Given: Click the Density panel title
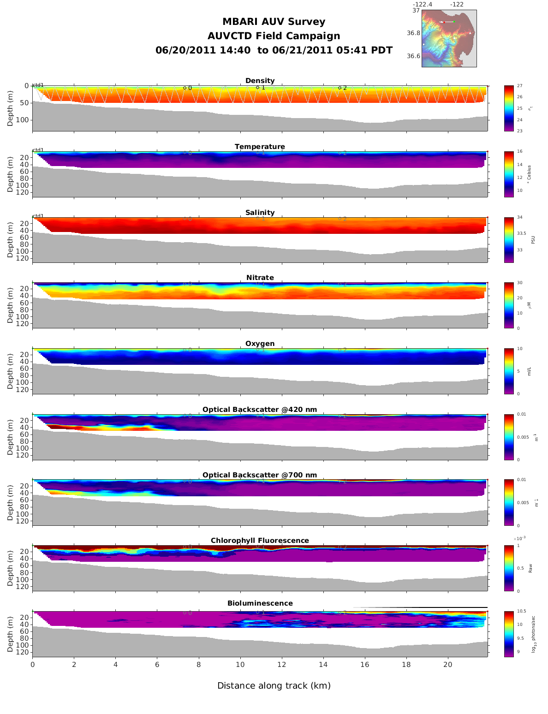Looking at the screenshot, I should (260, 81).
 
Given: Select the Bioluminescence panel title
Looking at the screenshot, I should (260, 603).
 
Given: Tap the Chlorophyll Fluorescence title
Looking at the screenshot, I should (260, 541).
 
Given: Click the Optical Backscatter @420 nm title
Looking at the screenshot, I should (260, 410).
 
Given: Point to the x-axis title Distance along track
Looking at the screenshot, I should (274, 686).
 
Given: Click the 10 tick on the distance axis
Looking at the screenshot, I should (240, 665).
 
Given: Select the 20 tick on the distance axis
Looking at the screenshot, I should (448, 665).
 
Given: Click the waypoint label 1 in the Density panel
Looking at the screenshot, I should (263, 88).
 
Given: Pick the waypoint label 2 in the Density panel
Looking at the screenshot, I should (345, 88).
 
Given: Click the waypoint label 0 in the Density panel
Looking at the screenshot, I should (190, 88).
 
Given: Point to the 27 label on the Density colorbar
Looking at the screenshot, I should (519, 86).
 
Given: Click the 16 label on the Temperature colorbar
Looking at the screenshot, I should (519, 151).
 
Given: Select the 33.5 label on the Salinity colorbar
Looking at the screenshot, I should (521, 233).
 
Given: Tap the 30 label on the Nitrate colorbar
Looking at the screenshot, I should (519, 283).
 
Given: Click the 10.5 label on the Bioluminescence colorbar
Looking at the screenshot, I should (521, 611).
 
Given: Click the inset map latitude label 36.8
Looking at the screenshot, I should (413, 33).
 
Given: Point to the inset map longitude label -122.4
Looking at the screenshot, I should (423, 5).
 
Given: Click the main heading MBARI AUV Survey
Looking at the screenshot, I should (274, 22).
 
